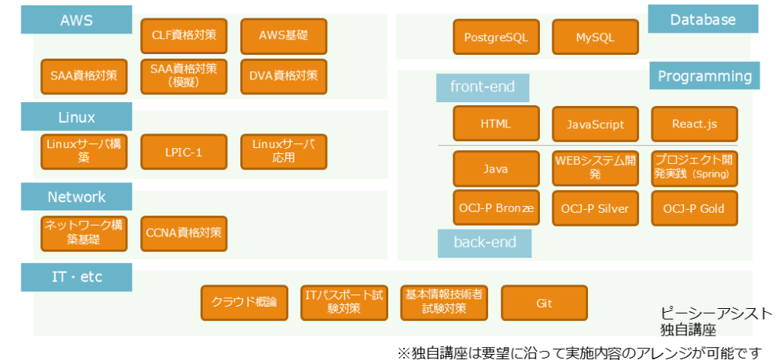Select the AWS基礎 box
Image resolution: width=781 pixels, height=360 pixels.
283,35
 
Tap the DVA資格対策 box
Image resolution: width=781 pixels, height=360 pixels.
283,76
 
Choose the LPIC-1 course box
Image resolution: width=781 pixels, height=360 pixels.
184,152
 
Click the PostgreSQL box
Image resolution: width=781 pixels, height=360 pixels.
496,37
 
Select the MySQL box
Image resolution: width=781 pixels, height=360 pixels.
595,37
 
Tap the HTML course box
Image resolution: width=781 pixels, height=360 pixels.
496,124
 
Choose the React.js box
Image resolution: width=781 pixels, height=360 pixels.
694,124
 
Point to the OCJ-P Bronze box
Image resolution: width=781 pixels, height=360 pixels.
496,208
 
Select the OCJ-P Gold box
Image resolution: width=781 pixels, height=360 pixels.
694,208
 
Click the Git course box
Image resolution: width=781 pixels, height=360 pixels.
544,303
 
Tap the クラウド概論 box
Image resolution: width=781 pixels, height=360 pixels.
244,303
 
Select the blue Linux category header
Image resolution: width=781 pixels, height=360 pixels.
76,117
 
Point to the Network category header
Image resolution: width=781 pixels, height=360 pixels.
76,197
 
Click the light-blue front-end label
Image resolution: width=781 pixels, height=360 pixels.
483,87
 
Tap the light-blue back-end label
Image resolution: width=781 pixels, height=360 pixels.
484,243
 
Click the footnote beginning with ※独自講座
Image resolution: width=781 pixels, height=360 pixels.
580,352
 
